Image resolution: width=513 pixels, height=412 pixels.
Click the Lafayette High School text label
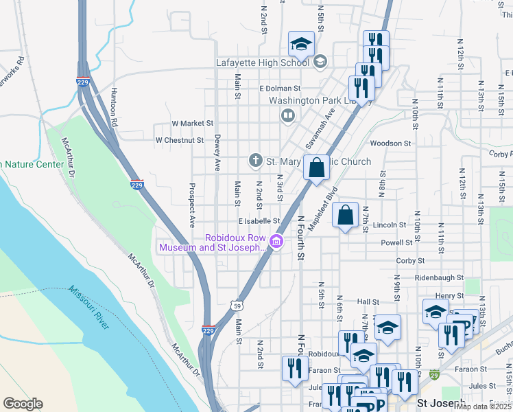263,62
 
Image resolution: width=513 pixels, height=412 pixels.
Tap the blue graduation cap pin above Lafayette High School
300,45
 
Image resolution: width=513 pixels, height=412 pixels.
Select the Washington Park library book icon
287,116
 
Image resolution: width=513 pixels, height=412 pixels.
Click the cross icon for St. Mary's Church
255,161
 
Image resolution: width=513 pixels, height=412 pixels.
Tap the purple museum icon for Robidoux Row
276,242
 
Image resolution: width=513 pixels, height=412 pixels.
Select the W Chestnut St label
180,140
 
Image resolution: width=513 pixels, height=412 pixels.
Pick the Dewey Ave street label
217,152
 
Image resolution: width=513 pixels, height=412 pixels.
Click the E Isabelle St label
259,221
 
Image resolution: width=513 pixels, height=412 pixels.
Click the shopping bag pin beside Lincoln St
346,215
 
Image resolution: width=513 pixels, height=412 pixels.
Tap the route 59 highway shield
235,303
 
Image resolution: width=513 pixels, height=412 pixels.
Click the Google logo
23,403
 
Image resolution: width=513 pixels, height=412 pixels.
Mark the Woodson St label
390,144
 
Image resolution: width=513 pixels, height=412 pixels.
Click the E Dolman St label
280,89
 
